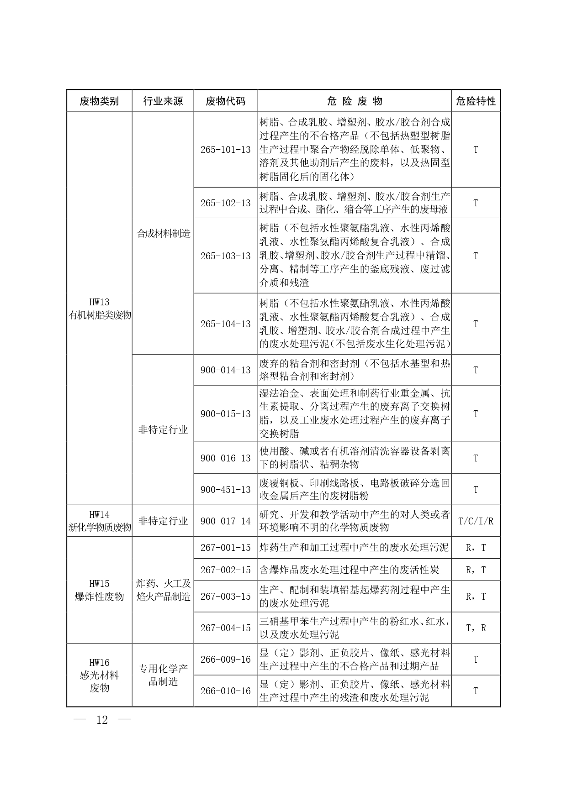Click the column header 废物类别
click(99, 101)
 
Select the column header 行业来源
click(163, 101)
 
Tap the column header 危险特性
click(476, 101)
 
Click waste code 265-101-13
click(226, 150)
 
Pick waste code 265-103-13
click(226, 256)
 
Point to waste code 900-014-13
click(226, 370)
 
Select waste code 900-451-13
click(226, 490)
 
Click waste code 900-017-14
click(226, 521)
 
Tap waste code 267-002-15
click(226, 570)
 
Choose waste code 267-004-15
click(226, 628)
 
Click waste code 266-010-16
click(226, 691)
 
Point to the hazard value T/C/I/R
click(476, 521)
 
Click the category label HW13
click(99, 302)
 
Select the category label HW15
click(99, 584)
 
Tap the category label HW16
click(99, 663)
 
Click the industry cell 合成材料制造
click(163, 234)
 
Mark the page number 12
click(102, 720)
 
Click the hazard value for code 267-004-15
click(476, 628)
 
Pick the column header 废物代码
click(226, 101)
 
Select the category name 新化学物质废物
click(100, 528)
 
